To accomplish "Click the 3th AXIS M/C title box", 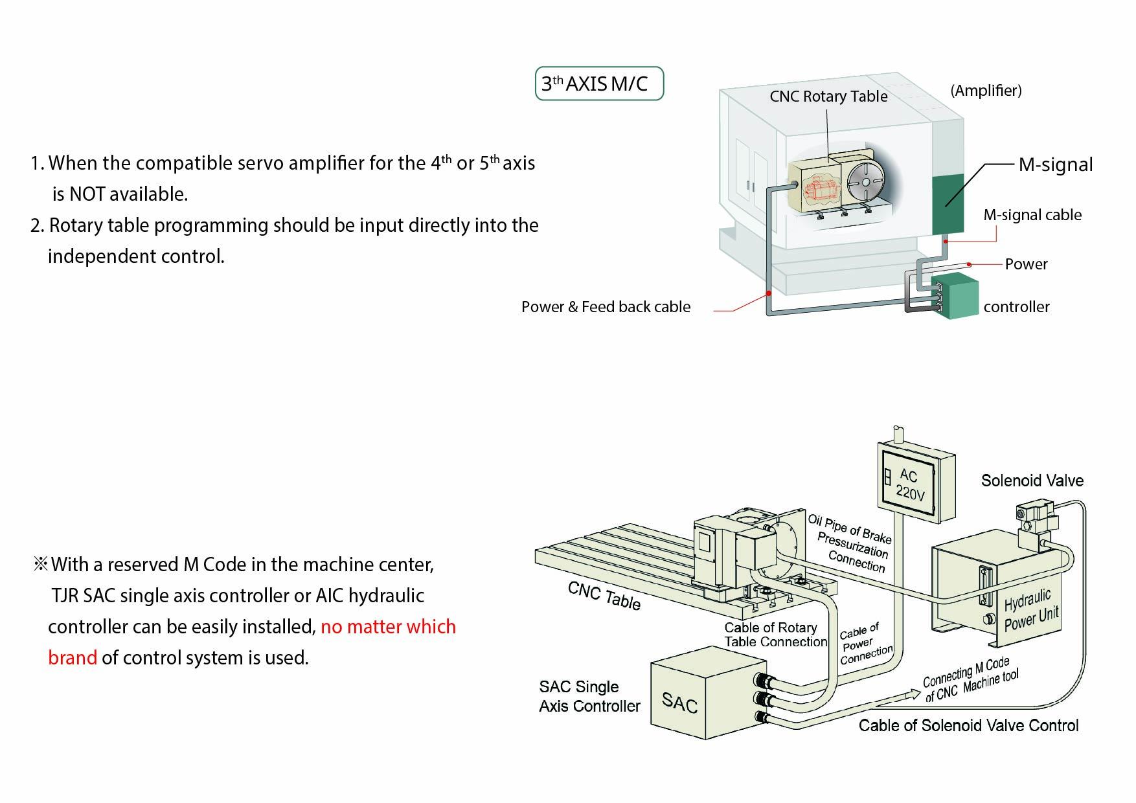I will click(x=599, y=84).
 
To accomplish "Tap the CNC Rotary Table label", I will click(x=828, y=96).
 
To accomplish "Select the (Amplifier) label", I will click(x=985, y=91).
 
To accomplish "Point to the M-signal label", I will click(x=1055, y=164).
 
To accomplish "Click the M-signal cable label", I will click(x=1032, y=215).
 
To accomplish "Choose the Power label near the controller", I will click(x=1026, y=264).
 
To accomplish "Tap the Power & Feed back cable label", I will click(x=606, y=307).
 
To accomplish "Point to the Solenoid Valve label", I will click(x=1032, y=481).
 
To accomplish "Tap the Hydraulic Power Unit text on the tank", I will click(x=1030, y=609).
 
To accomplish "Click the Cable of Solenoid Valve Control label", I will click(x=968, y=725).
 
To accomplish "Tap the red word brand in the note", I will click(x=73, y=658).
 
